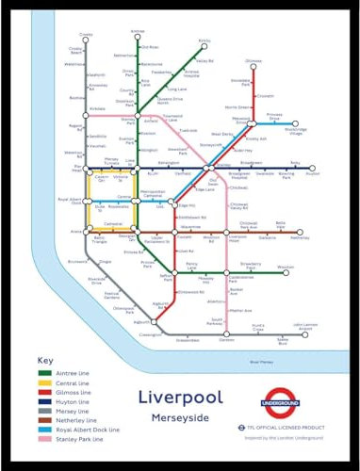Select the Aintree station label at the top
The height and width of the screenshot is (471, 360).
click(x=139, y=31)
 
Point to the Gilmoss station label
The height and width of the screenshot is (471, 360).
click(x=253, y=61)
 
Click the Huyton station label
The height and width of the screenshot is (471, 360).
click(x=313, y=174)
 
